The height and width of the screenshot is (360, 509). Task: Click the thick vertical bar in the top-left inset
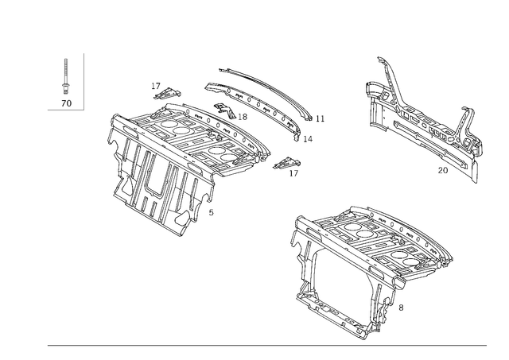point(83,79)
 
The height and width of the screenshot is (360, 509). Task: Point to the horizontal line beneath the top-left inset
point(65,110)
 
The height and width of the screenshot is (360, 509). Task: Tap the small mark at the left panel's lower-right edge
point(210,213)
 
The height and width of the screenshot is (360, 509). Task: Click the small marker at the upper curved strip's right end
point(321,119)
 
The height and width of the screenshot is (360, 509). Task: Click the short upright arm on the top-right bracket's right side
point(467,119)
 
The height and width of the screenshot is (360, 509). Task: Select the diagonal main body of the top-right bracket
point(422,131)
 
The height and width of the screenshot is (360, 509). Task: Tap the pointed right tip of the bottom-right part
point(453,254)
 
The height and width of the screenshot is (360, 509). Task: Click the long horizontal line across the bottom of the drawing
point(266,343)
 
